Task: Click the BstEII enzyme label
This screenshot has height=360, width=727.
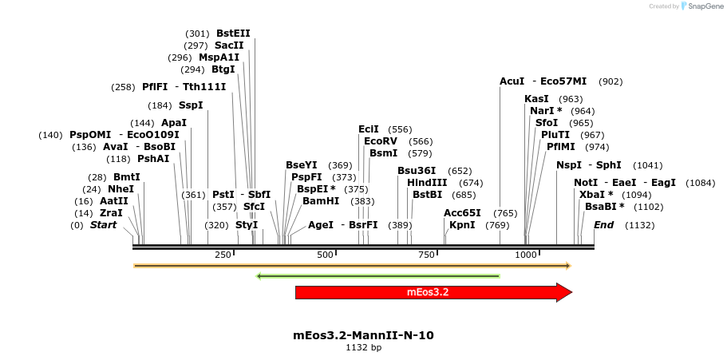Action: (233, 34)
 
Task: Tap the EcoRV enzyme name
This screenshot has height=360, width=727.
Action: (381, 141)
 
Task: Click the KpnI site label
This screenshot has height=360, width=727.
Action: (462, 225)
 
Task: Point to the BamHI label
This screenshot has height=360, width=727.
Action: (321, 201)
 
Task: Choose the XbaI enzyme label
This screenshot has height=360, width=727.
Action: (596, 195)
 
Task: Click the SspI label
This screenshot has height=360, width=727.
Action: (191, 105)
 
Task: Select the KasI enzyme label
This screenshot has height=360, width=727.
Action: (536, 99)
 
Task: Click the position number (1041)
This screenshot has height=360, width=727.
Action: (647, 166)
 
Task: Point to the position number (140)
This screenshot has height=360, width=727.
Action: (50, 136)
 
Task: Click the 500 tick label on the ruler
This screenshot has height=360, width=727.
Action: (325, 255)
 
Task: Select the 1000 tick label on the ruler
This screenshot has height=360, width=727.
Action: (526, 255)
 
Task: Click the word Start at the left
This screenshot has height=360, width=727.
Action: (103, 225)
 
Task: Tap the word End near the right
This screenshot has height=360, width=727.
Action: (603, 225)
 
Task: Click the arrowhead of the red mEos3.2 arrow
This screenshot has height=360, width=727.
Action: (563, 292)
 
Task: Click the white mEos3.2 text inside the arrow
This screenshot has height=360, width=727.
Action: (428, 292)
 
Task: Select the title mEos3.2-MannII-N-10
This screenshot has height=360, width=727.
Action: (363, 335)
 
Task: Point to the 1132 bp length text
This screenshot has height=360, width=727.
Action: (363, 348)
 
